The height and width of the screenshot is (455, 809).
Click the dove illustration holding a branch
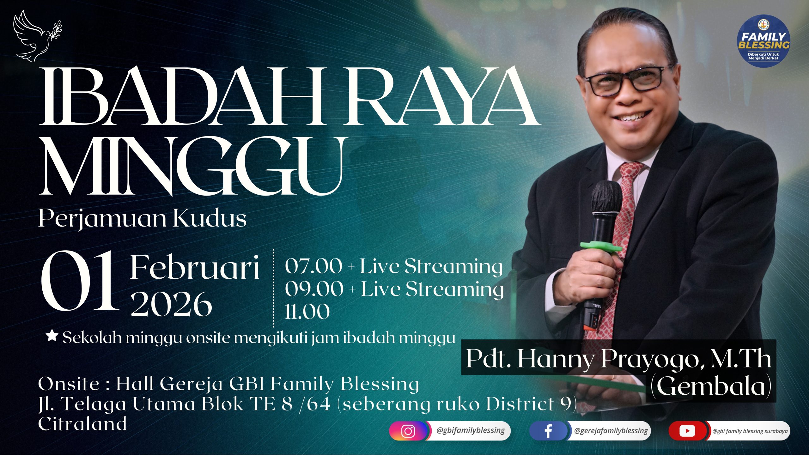click(x=37, y=36)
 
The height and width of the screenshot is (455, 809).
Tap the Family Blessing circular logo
click(x=763, y=41)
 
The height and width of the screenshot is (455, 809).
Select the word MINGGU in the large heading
click(x=192, y=166)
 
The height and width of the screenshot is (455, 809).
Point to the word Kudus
click(x=210, y=219)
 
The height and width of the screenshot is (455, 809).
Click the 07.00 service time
click(x=313, y=266)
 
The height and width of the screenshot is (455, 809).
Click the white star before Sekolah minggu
click(x=52, y=336)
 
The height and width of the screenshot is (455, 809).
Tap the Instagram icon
click(x=408, y=431)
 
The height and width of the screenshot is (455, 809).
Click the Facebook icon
click(x=548, y=431)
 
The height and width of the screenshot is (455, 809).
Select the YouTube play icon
click(x=687, y=431)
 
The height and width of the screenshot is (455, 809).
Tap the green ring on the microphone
click(x=600, y=246)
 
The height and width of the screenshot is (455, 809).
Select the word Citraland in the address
click(x=82, y=424)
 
